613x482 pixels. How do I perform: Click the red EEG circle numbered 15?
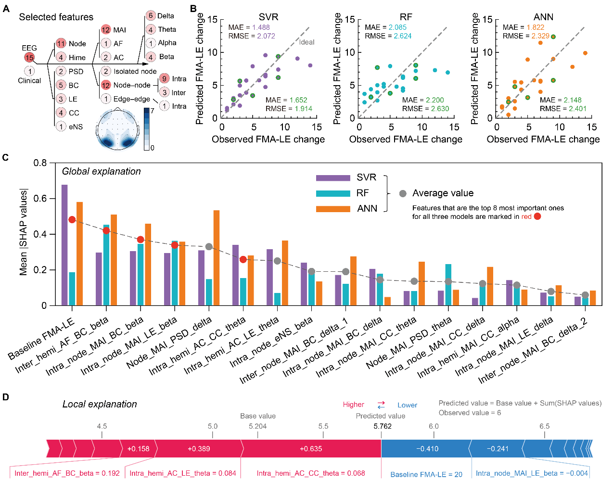tap(29, 58)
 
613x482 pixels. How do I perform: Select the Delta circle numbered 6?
tap(151, 16)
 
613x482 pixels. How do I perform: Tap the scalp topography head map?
tap(118, 130)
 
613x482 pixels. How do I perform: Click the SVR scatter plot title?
tap(268, 17)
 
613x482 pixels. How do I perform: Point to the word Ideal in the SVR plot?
tap(306, 42)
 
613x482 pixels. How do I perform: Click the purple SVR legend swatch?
tap(333, 178)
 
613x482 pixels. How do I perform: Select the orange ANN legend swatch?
tap(333, 209)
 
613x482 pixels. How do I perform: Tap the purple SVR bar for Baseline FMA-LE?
tap(64, 245)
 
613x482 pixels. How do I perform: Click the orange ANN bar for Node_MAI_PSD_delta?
tap(217, 258)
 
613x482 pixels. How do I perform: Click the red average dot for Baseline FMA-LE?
tap(72, 220)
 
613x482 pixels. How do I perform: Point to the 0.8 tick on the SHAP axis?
tap(40, 163)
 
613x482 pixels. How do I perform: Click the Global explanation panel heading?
tap(101, 172)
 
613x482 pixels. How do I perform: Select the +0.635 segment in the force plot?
tap(311, 449)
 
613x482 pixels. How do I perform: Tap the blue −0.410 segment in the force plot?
tap(427, 449)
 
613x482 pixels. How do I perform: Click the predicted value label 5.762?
tap(383, 426)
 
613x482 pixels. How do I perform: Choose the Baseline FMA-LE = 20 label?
tap(426, 474)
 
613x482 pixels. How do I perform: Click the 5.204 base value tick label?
tap(258, 426)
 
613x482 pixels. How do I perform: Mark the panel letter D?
tap(6, 397)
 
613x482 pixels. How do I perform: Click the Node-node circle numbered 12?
tap(106, 85)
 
